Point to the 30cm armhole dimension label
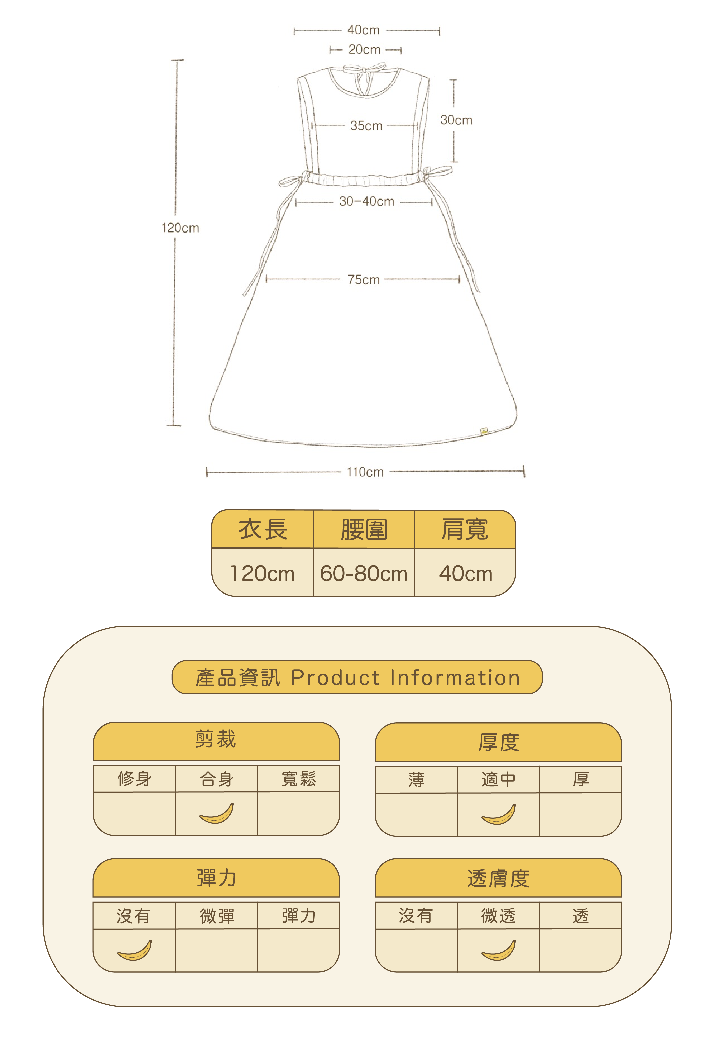click(x=456, y=120)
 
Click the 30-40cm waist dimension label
click(x=366, y=201)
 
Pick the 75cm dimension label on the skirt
click(x=363, y=280)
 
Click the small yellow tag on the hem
click(x=484, y=431)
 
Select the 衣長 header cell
click(x=263, y=529)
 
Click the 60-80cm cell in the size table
click(x=364, y=573)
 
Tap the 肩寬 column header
click(x=465, y=529)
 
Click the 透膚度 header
click(x=498, y=878)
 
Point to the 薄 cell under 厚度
click(x=416, y=779)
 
